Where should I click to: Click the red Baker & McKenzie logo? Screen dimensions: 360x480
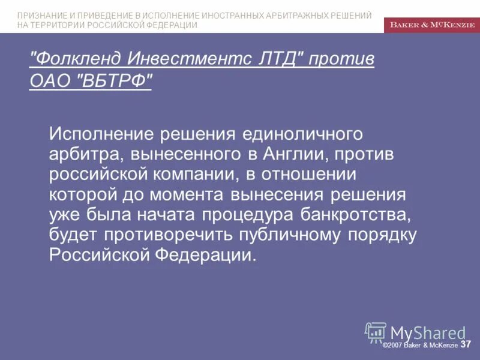tap(431, 25)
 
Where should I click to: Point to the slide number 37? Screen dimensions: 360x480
tap(466, 344)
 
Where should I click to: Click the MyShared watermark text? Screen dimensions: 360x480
tap(427, 333)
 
